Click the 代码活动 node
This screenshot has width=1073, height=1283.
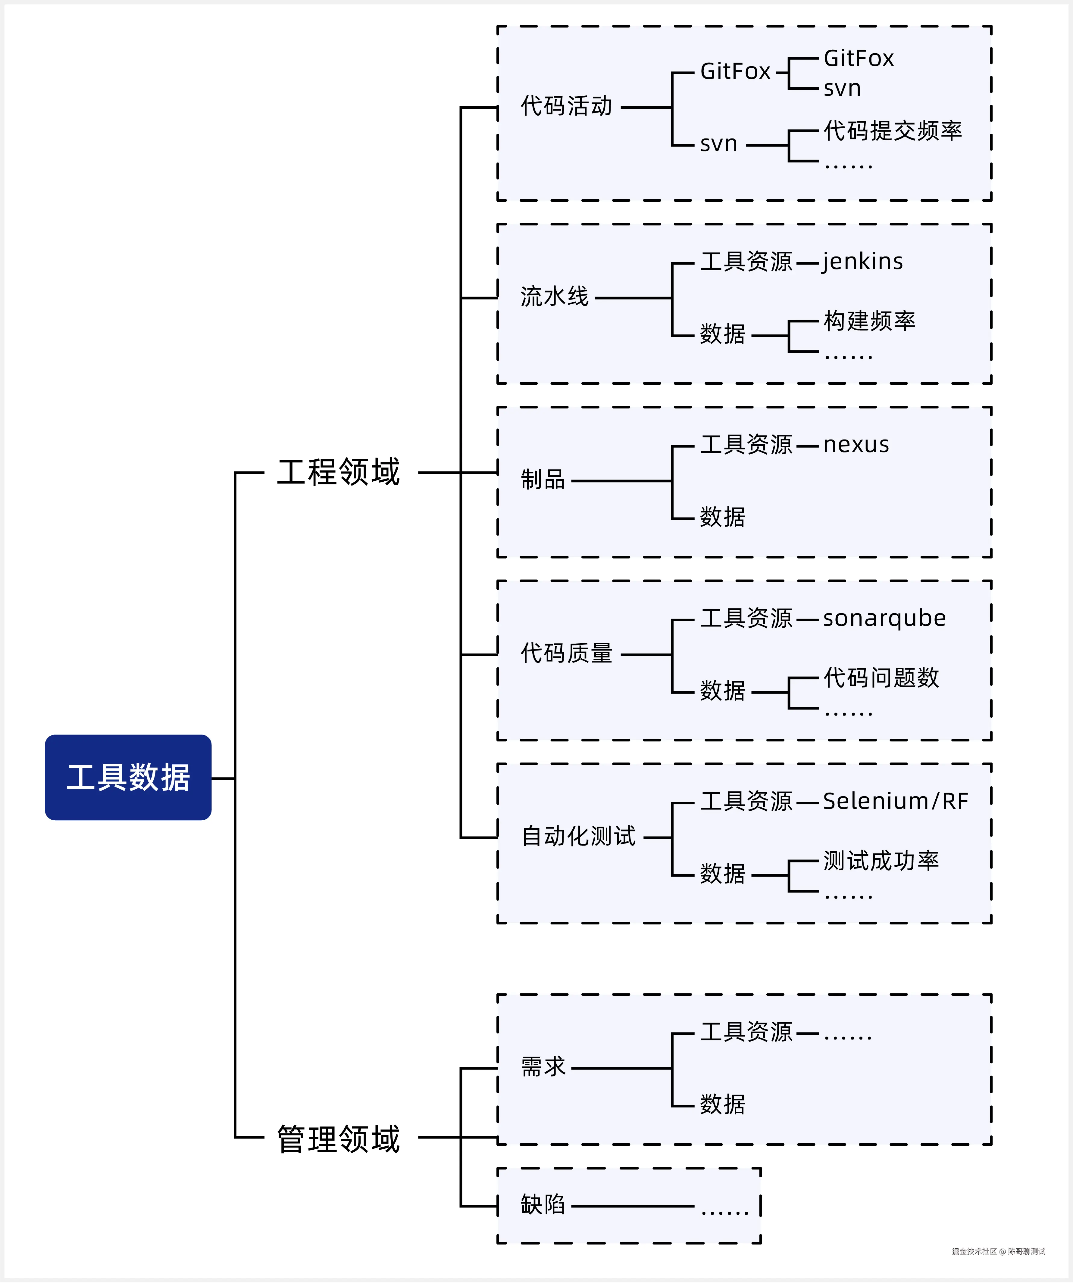[566, 106]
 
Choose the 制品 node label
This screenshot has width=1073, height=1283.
[543, 480]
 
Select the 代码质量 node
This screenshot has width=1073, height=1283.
[566, 653]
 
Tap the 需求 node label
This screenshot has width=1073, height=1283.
[543, 1067]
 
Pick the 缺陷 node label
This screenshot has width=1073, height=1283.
[543, 1205]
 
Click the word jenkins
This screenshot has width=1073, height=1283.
[863, 262]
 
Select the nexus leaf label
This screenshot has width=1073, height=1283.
[856, 445]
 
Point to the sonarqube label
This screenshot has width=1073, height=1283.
[884, 618]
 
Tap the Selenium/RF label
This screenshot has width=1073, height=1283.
[895, 801]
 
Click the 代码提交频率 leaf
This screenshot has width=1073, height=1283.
[893, 131]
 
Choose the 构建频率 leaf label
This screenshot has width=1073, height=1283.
[869, 321]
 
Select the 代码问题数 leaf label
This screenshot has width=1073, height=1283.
[881, 678]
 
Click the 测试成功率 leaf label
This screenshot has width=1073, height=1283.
[881, 861]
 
